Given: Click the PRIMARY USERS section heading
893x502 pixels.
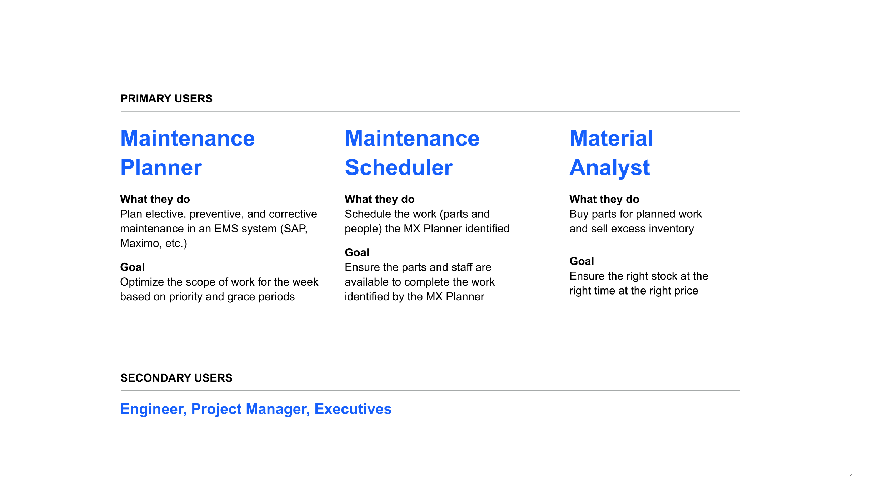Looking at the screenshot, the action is (166, 99).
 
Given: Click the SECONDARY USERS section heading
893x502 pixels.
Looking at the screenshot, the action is (176, 378).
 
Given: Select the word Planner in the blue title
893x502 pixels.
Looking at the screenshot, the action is (161, 168).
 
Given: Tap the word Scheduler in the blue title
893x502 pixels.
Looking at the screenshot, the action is (399, 167).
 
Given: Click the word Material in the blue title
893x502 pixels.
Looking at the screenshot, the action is (612, 138).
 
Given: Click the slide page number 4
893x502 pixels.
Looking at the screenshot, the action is (852, 475).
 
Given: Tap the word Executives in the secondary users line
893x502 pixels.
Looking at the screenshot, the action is (353, 409).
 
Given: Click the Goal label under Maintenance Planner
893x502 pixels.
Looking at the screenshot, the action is (133, 267).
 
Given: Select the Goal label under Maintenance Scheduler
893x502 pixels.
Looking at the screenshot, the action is (357, 252).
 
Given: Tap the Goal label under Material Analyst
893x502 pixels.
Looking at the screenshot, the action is (582, 261).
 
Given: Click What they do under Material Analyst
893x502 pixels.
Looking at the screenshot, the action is (604, 199).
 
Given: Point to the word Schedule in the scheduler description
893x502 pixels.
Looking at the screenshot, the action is (368, 214).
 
